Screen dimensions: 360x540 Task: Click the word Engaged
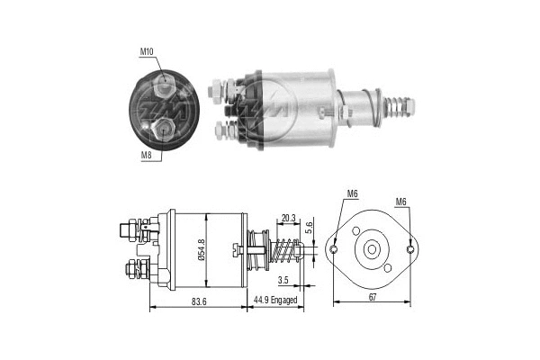coord(285,301)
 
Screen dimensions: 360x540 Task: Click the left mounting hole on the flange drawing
coord(335,249)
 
